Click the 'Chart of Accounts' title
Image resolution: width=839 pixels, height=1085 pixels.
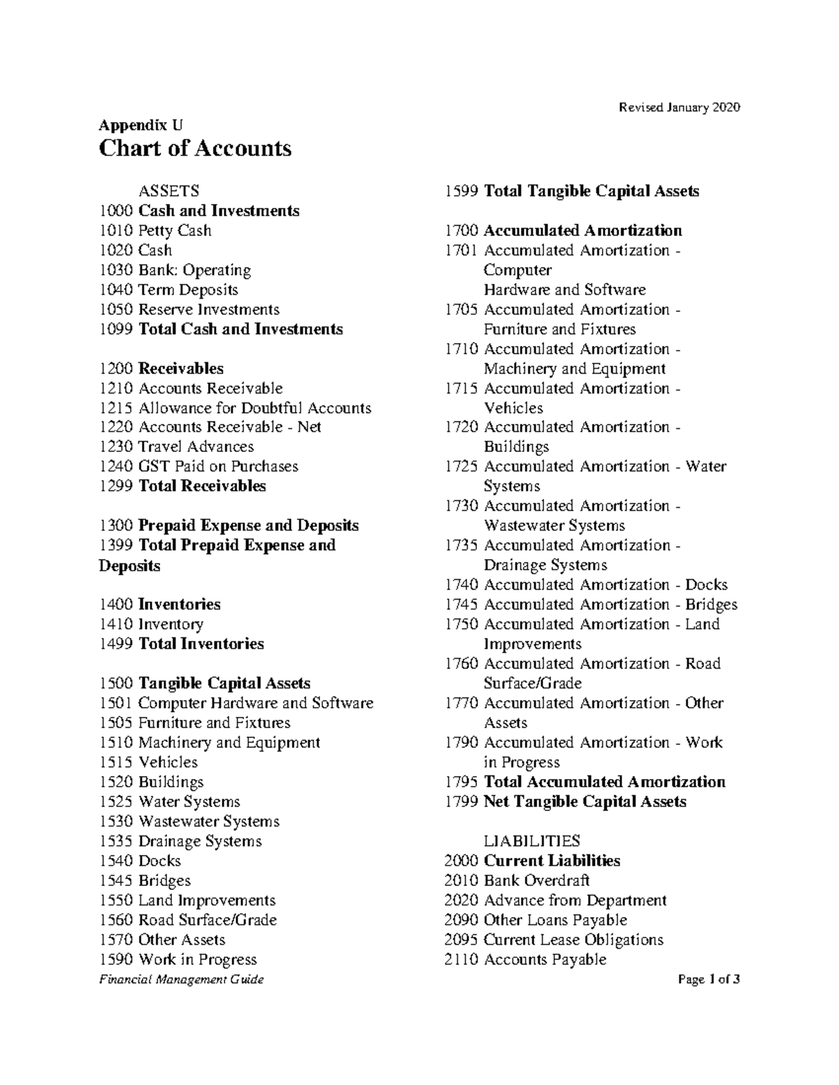click(x=195, y=148)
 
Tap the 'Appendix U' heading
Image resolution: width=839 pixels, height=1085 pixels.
click(x=141, y=125)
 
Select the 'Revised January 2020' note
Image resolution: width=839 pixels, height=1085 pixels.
click(x=679, y=107)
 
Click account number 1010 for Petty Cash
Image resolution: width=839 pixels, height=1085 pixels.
click(x=116, y=231)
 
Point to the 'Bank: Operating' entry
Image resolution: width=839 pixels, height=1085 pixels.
click(x=194, y=270)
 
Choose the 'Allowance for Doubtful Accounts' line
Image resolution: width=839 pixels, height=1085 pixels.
click(x=254, y=408)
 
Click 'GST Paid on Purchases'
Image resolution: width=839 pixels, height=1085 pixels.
click(x=218, y=466)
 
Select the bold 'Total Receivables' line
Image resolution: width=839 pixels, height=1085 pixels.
click(x=202, y=486)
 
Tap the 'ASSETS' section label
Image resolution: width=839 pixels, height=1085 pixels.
click(x=168, y=191)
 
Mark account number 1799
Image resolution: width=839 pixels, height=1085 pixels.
click(x=461, y=801)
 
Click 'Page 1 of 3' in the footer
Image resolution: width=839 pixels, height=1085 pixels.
click(x=709, y=980)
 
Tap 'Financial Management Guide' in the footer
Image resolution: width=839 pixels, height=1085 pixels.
click(x=182, y=980)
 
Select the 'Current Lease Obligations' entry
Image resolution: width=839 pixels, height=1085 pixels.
click(x=573, y=940)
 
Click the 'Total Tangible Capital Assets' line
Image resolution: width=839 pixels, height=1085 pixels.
click(x=591, y=191)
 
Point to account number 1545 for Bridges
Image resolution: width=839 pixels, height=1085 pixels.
click(x=116, y=880)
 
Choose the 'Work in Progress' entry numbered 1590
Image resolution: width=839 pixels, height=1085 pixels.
click(x=197, y=959)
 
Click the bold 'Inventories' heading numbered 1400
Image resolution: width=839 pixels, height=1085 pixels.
click(x=179, y=604)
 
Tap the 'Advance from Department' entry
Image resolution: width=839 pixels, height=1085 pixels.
click(x=575, y=900)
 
